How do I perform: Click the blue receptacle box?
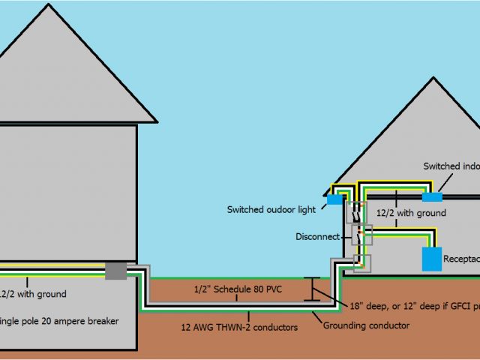coord(432,258)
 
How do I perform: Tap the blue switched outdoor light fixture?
coord(334,200)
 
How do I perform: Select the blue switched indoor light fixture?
coord(432,196)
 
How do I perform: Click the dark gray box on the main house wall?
coord(115,271)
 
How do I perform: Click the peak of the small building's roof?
coord(433,77)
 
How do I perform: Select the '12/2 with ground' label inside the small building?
coord(411,213)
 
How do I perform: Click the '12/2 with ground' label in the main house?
coord(34,294)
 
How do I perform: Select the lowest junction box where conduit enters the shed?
coord(361,263)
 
